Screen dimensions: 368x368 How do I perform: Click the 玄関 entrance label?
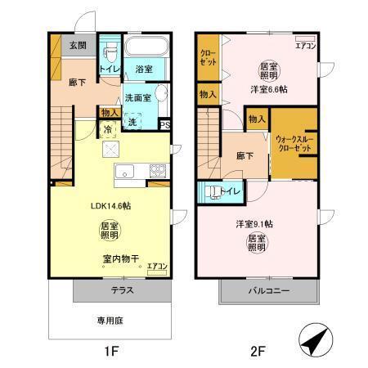coord(78,46)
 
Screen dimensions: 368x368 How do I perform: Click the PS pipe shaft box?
coord(164,124)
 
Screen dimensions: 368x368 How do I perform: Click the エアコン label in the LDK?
coord(157,267)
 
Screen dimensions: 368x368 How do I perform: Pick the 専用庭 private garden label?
coord(110,320)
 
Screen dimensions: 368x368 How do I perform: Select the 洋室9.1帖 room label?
coord(254,223)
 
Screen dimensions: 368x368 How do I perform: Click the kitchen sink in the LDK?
coord(126,171)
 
